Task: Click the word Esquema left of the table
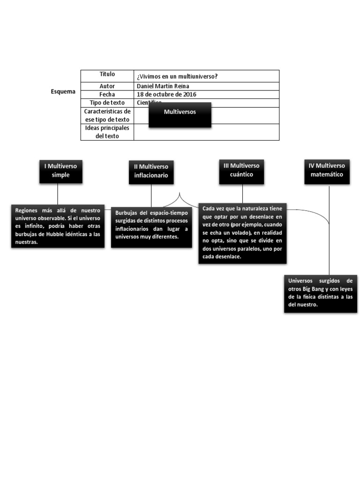pos(63,92)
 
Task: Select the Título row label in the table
pos(107,75)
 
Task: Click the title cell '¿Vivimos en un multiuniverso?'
pos(177,77)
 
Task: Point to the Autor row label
pos(107,86)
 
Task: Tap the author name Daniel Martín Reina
pos(163,86)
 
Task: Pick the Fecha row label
pos(107,94)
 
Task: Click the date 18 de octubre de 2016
pos(166,94)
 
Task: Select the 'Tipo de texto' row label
pos(107,103)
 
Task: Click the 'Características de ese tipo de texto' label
pos(107,115)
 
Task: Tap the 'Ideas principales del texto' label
pos(107,132)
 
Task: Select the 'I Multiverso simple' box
pos(61,171)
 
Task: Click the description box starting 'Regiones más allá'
pos(58,226)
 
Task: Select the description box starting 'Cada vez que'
pos(242,233)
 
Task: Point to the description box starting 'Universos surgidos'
pos(321,293)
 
